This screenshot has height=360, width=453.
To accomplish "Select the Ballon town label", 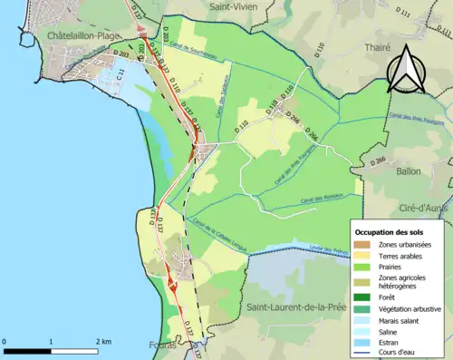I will coord(409,170).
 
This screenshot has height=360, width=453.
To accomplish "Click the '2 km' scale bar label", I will coord(103,341).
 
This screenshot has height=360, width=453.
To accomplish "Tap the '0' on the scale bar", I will coord(5,341).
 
